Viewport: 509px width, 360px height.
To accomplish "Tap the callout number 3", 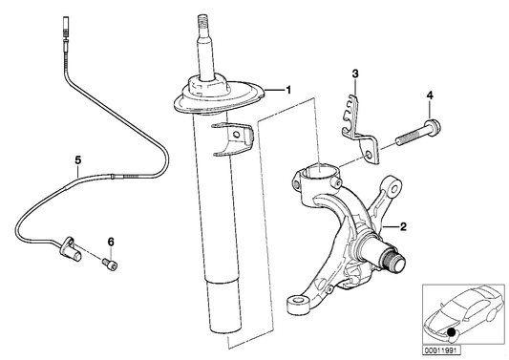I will pyautogui.click(x=354, y=74).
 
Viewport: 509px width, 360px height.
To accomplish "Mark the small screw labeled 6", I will pyautogui.click(x=110, y=260).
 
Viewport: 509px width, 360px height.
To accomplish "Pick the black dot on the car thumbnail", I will pyautogui.click(x=450, y=331).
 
